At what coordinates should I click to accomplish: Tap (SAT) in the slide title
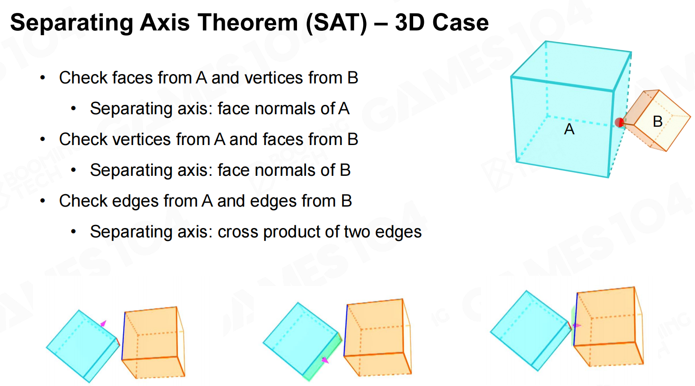pos(336,23)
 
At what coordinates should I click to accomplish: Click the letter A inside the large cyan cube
pos(569,129)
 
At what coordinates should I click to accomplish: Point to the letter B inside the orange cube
pos(657,121)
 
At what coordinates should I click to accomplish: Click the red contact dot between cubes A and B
pos(619,122)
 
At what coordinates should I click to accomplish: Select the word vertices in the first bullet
pos(273,78)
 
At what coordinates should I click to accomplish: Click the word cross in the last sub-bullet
pos(238,232)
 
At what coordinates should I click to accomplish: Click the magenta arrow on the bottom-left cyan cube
pos(103,324)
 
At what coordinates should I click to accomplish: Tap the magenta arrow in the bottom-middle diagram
pos(325,360)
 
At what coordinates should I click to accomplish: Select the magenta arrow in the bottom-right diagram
pos(577,326)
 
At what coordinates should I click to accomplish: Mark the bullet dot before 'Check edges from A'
pos(43,201)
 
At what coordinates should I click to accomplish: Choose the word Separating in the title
pos(71,23)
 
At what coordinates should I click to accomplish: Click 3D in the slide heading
pos(410,23)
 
